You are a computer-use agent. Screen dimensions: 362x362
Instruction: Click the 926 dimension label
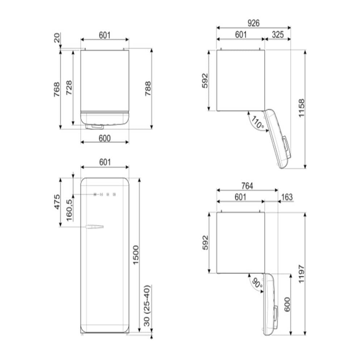tap(253, 23)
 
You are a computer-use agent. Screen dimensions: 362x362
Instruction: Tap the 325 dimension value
tap(278, 35)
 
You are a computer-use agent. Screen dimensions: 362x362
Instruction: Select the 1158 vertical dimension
tap(302, 108)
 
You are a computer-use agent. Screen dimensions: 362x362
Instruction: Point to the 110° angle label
tap(258, 123)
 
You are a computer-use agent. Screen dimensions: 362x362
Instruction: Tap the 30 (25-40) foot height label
tap(147, 306)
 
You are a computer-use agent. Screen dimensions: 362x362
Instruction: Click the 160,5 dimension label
tap(69, 210)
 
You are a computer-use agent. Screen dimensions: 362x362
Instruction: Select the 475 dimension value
tap(57, 202)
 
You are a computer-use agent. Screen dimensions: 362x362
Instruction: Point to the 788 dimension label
tap(148, 89)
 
